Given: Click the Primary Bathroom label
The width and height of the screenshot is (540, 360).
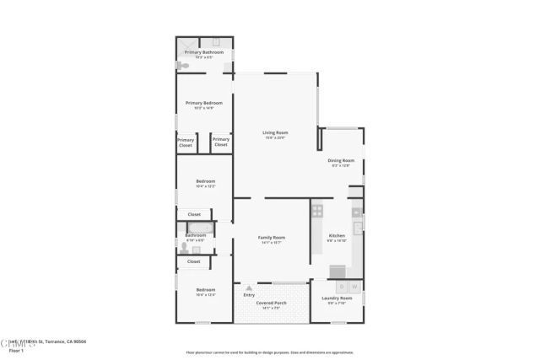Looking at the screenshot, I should point(203,52).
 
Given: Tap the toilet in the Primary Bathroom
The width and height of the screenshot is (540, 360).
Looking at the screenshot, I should point(181,63).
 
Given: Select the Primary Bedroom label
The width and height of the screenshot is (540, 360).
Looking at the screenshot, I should point(203,103).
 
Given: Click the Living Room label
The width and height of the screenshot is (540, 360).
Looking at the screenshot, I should point(275,132).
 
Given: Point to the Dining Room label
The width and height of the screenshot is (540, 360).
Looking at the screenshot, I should point(341,159).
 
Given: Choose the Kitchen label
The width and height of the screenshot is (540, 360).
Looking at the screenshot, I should point(337,235).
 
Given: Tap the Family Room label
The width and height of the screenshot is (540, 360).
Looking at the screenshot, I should point(272,238).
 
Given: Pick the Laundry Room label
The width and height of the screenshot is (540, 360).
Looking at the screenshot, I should point(336,298).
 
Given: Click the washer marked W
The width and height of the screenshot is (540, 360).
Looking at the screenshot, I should point(354,287).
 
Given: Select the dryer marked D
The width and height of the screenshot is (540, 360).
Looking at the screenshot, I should point(342,287).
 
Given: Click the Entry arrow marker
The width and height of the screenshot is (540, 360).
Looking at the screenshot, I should point(249,287).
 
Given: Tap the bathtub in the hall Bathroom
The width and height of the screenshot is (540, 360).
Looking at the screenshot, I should point(201,228).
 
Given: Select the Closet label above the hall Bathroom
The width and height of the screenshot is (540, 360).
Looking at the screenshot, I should point(194,214).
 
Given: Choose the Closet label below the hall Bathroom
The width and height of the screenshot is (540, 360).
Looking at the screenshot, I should point(194,261).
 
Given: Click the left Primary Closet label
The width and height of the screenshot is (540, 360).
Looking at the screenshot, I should point(185,142).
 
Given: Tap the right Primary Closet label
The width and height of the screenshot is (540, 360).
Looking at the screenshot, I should point(220,142).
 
